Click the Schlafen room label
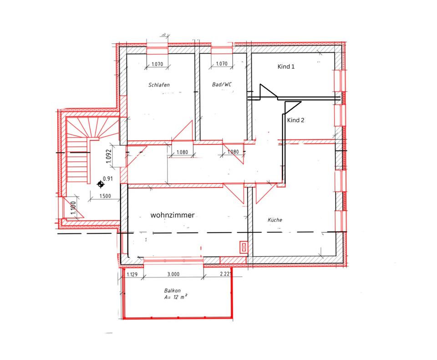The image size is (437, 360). [x=159, y=85]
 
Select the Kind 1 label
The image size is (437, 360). [x=286, y=67]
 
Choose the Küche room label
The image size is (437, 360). [x=275, y=220]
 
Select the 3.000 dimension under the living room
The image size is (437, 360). [x=173, y=275]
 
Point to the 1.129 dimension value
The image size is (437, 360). [x=132, y=275]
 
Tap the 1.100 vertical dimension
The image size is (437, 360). [x=72, y=208]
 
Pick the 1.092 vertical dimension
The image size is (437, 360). [x=108, y=156]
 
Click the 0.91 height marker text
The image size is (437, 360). [x=108, y=179]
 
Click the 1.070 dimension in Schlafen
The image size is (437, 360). [x=157, y=64]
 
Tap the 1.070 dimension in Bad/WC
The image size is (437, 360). [x=221, y=64]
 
